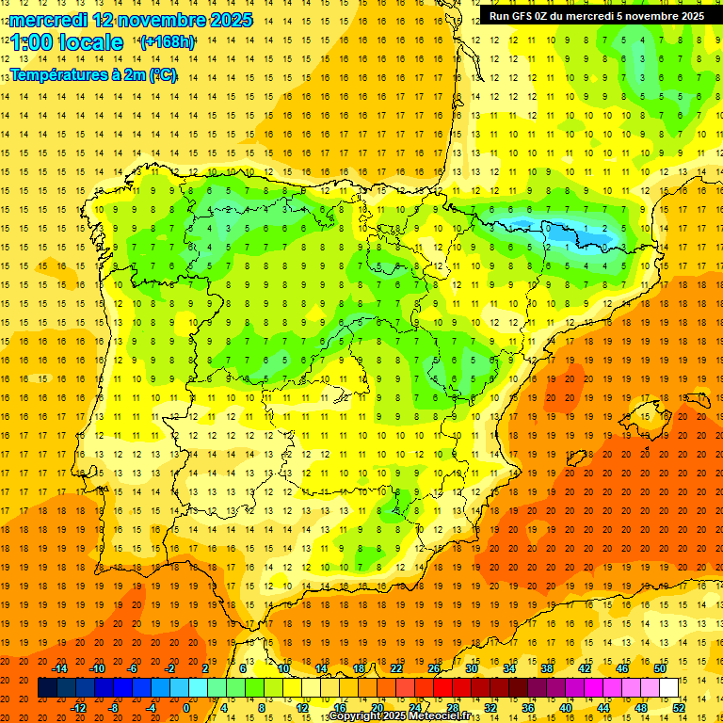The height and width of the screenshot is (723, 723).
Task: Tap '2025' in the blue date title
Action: [230, 20]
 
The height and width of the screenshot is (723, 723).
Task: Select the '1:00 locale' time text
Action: [68, 42]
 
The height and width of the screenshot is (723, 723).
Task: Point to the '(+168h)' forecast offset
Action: [168, 42]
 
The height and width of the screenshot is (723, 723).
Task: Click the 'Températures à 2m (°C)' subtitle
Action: [92, 75]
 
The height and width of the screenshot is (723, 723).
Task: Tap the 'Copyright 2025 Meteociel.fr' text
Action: [399, 716]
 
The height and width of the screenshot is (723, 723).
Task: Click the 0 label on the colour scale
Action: [186, 708]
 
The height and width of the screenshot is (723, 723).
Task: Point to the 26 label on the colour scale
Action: [434, 668]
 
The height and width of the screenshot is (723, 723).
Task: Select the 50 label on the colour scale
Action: [660, 668]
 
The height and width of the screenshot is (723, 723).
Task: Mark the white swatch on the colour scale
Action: [669, 688]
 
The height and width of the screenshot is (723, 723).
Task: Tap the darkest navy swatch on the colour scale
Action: [47, 688]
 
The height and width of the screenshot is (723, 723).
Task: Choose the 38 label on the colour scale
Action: [547, 668]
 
